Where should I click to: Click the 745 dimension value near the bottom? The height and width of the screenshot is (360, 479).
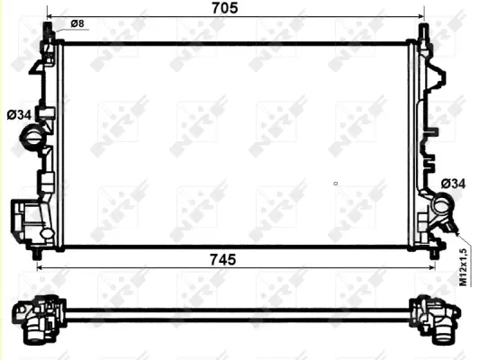tap(222, 259)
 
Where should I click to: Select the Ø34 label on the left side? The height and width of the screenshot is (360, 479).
tap(20, 114)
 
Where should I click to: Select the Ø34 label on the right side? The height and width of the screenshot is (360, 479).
tap(454, 184)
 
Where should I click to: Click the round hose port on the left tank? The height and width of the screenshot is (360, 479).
tap(32, 140)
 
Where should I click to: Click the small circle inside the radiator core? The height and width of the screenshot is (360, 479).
tap(336, 184)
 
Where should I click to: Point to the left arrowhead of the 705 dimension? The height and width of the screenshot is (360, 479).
tap(50, 17)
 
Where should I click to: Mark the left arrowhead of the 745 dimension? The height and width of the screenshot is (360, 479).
tap(39, 267)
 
